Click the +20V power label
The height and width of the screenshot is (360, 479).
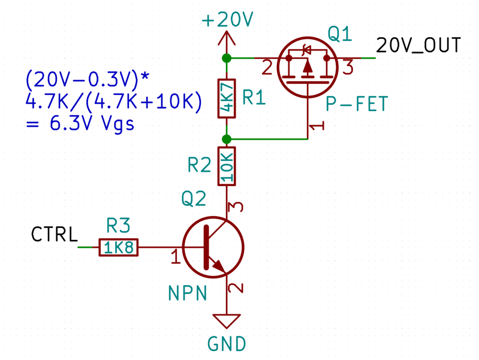point(228,20)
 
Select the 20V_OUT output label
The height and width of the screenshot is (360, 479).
point(418,46)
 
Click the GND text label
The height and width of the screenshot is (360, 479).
point(227,344)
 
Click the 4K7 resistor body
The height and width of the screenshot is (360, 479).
point(227,98)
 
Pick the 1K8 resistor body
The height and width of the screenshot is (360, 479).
point(119,247)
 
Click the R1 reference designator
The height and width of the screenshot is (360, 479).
point(253,98)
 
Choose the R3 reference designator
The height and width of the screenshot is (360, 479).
point(118,226)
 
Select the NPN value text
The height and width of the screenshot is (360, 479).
point(188,293)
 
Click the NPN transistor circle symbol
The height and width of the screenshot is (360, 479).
point(212,247)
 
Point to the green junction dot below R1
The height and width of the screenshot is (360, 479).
point(227,139)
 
